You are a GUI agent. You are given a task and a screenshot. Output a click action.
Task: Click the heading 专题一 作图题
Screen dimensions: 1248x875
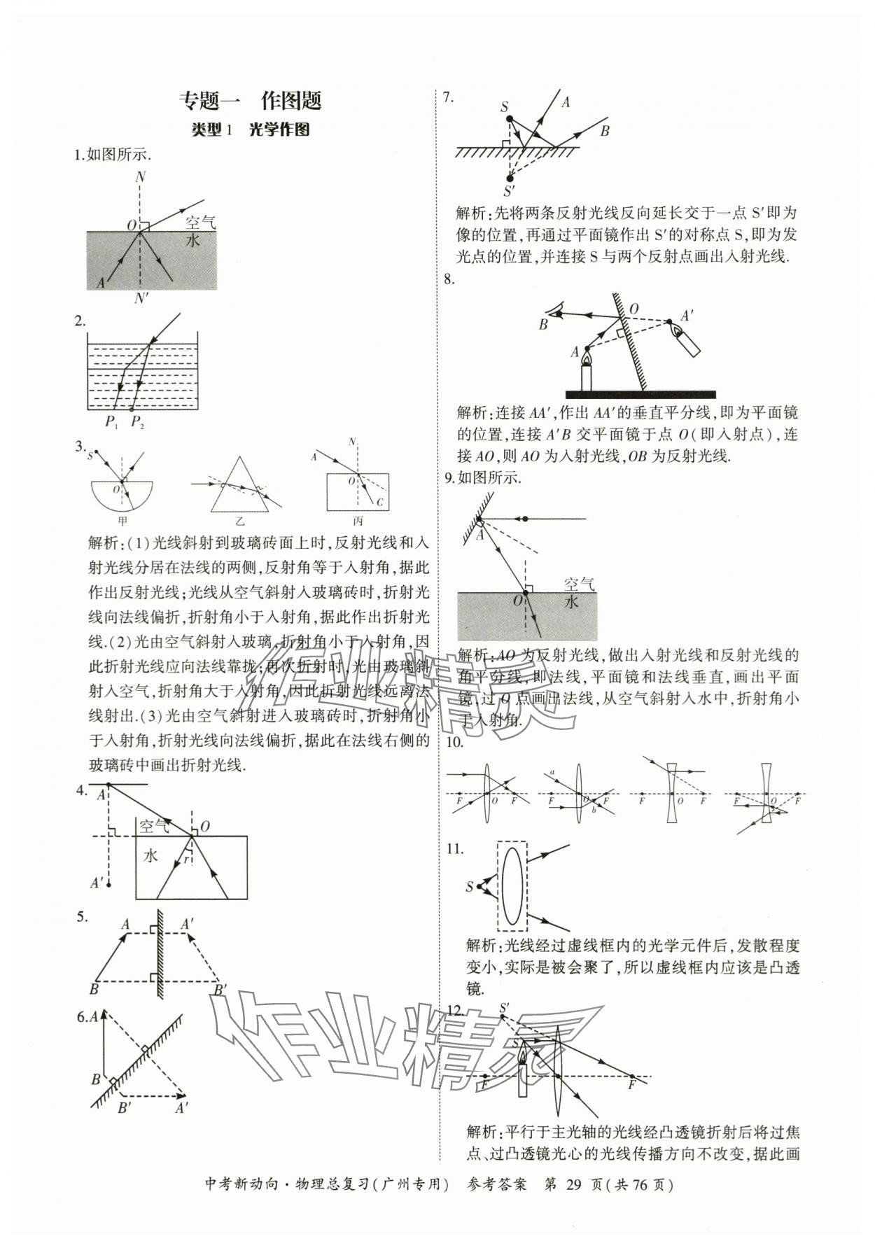(250, 101)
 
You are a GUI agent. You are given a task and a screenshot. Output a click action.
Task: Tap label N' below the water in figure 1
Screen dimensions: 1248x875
(141, 298)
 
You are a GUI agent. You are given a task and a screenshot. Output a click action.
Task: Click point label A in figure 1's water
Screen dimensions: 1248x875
(101, 282)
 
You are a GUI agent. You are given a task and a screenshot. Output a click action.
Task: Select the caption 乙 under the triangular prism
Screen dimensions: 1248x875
(239, 521)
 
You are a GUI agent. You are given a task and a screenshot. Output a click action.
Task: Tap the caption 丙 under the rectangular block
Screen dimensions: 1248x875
(358, 521)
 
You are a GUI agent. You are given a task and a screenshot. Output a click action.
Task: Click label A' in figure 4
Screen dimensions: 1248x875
(98, 883)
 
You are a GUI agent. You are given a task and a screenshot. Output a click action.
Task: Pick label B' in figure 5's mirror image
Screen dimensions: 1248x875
(220, 989)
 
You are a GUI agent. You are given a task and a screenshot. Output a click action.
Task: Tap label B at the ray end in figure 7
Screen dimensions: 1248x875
(605, 130)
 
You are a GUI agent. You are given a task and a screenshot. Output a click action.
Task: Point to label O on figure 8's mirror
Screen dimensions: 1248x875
(634, 309)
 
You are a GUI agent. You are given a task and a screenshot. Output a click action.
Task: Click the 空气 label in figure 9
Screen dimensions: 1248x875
(579, 584)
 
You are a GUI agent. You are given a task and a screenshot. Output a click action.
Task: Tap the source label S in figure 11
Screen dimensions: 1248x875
(470, 887)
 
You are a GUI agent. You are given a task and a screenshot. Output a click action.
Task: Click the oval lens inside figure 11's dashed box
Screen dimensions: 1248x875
(512, 887)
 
